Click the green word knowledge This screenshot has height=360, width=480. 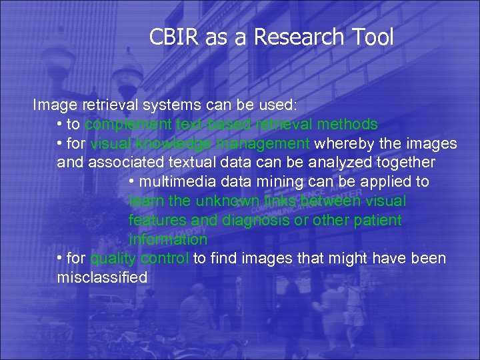(x=169, y=144)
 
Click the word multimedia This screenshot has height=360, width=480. (x=171, y=182)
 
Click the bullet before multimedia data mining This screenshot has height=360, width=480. (x=132, y=182)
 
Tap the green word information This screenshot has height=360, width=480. (x=167, y=239)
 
